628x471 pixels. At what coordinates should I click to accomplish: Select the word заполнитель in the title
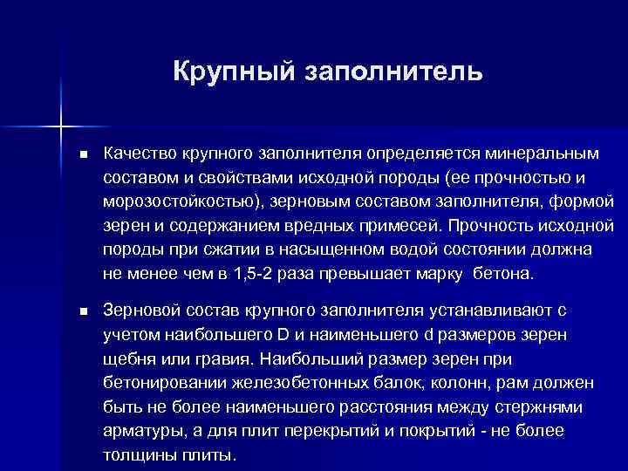(x=392, y=70)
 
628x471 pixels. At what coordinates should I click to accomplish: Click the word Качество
(x=141, y=154)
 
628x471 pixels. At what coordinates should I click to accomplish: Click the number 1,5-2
(x=258, y=275)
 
